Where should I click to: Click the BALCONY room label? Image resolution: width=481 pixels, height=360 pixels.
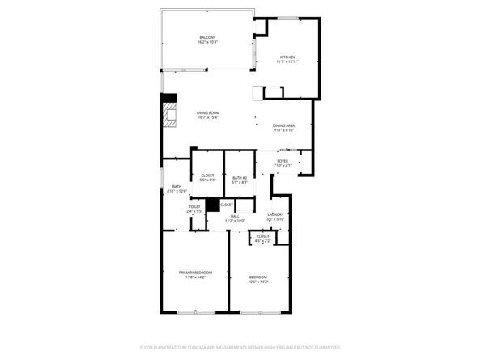click(208, 36)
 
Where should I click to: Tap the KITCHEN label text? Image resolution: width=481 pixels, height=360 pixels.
click(288, 57)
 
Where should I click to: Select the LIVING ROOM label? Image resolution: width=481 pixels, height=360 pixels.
click(208, 112)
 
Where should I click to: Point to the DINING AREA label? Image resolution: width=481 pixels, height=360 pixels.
click(283, 125)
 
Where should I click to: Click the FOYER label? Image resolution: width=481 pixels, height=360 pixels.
click(283, 161)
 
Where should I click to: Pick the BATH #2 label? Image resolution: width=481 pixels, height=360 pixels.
click(239, 177)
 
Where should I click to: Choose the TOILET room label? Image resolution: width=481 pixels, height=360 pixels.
click(194, 206)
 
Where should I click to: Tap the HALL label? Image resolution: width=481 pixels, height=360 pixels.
click(235, 215)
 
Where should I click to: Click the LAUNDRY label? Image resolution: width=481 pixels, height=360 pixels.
click(275, 214)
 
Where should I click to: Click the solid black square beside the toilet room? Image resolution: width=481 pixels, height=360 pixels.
click(212, 205)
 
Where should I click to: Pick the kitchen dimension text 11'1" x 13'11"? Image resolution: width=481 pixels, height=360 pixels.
click(288, 61)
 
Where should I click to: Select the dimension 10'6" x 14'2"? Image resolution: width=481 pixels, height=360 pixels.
click(258, 282)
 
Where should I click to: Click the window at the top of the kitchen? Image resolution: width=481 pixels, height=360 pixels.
click(288, 18)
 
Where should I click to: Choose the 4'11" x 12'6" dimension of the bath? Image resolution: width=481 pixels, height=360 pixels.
click(177, 191)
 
